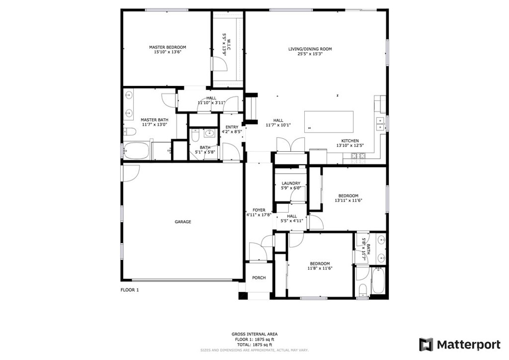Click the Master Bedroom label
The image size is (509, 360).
[168, 47]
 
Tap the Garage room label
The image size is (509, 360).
[183, 222]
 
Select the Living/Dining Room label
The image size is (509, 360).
[310, 49]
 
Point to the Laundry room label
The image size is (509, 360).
[291, 183]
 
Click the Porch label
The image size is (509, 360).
[259, 278]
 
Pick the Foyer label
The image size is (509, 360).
[259, 210]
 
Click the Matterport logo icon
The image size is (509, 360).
[426, 345]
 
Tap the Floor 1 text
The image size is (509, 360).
[130, 290]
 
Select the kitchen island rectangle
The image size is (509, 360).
[329, 122]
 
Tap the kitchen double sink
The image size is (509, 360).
[380, 124]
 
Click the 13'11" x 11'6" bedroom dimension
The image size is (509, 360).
[348, 200]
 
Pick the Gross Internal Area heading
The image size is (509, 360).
[254, 334]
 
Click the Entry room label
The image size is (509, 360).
[232, 127]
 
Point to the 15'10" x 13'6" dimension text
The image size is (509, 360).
[168, 52]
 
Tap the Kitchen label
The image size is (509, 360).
[350, 141]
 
